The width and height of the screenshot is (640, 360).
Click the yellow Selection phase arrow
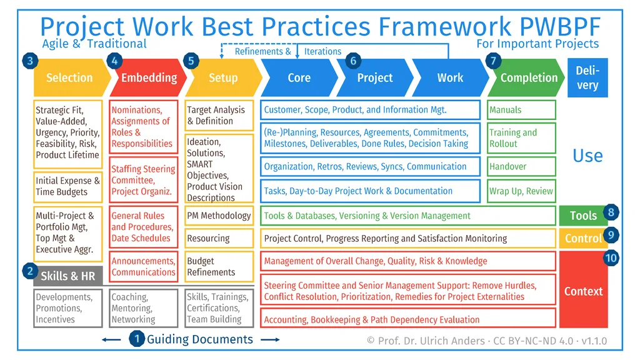pyautogui.click(x=69, y=78)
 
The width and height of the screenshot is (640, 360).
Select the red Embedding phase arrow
pyautogui.click(x=148, y=78)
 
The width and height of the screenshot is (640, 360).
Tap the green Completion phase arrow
pyautogui.click(x=528, y=78)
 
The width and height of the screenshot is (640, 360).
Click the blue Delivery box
pyautogui.click(x=587, y=78)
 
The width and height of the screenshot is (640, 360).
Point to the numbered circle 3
pyautogui.click(x=29, y=61)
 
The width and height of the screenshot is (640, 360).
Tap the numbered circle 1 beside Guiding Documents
pyautogui.click(x=137, y=339)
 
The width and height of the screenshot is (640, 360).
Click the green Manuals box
pyautogui.click(x=521, y=110)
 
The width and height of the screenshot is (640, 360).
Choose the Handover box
pyautogui.click(x=521, y=167)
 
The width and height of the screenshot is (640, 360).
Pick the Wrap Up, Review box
pyautogui.click(x=521, y=191)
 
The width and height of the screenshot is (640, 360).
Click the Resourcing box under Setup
pyautogui.click(x=219, y=238)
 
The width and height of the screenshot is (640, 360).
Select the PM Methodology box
pyautogui.click(x=219, y=216)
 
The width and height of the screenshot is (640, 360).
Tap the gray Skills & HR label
pyautogui.click(x=67, y=276)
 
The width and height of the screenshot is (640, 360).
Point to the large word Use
pyautogui.click(x=587, y=156)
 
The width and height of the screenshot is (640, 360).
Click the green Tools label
pyautogui.click(x=583, y=216)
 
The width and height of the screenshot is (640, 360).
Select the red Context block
pyautogui.click(x=583, y=291)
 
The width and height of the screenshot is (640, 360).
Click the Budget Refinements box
pyautogui.click(x=219, y=267)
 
